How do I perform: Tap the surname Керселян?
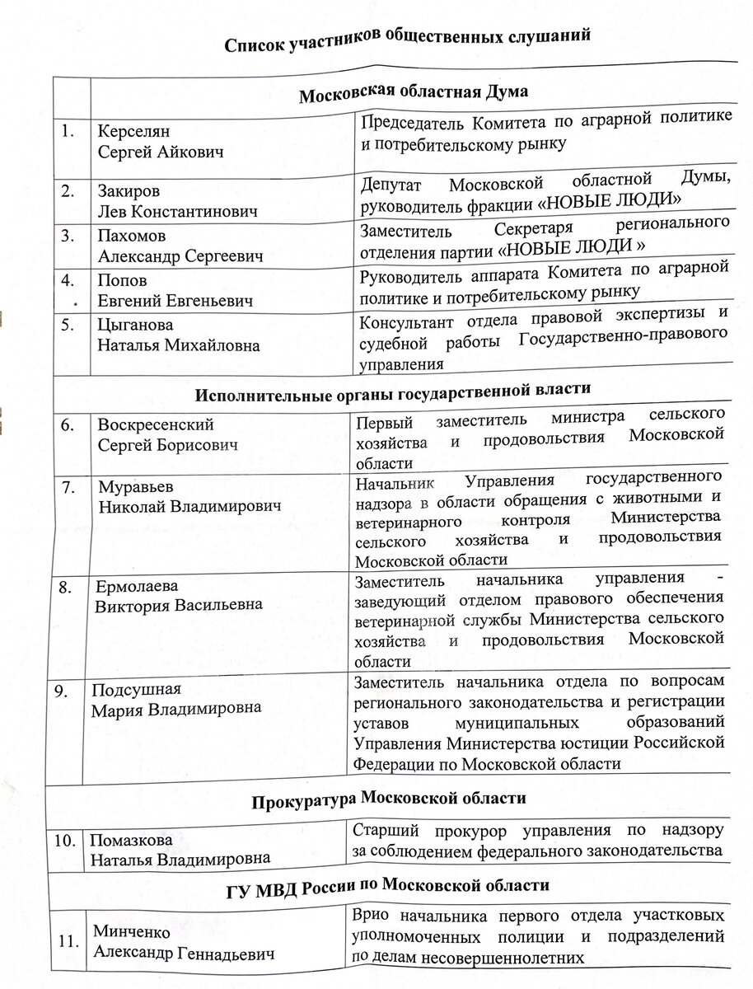pos(129,132)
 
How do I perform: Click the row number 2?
pos(68,191)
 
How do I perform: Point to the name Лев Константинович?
pos(177,211)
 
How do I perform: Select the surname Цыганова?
pos(134,326)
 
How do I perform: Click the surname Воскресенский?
pos(156,425)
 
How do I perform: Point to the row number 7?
pos(71,486)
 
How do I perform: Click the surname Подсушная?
pos(135,690)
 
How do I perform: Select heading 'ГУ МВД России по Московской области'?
pos(387,888)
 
